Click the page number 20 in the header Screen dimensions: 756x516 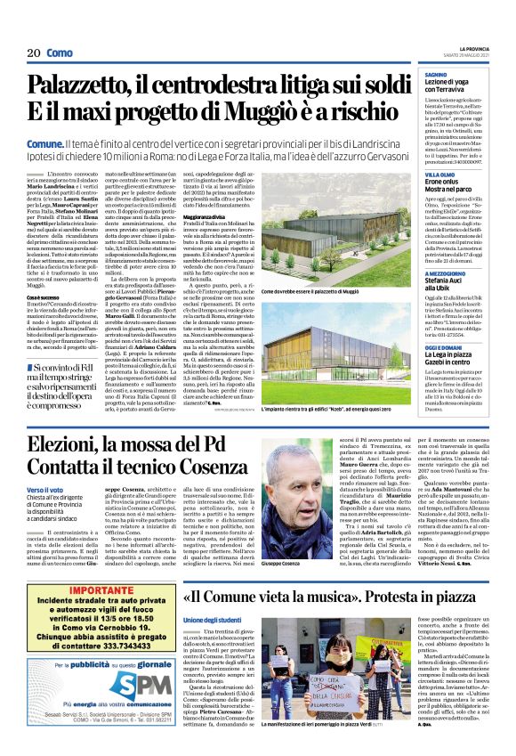[34, 53]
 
